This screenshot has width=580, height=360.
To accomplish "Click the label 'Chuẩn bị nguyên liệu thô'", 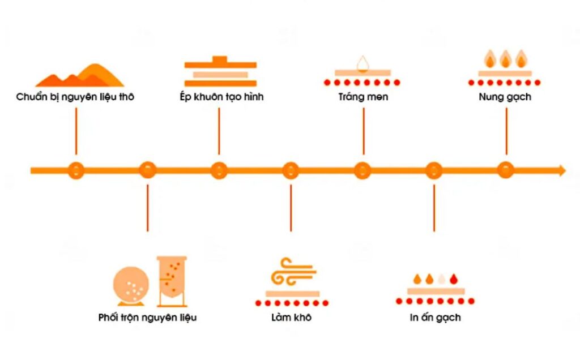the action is coord(75,97).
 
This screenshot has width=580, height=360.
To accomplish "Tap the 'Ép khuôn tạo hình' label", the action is coord(221,96).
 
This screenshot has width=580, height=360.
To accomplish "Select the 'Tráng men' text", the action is coord(363,97).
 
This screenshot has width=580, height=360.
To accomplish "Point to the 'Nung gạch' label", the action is coord(505,97).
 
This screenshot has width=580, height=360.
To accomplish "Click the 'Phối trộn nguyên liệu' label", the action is coord(147,318).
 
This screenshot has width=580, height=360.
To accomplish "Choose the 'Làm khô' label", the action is coord(292,318).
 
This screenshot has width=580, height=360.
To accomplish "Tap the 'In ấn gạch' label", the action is coord(436,318).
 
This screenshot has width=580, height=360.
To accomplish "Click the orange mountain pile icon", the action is coord(80,75).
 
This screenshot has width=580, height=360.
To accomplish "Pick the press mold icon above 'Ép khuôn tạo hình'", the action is coord(220,71).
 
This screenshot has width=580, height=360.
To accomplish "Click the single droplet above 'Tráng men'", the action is coord(363,64).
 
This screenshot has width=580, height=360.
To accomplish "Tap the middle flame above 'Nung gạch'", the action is coord(505,59).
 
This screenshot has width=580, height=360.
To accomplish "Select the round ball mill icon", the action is coord(131,286).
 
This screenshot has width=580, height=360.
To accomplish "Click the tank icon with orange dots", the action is coord(172,281).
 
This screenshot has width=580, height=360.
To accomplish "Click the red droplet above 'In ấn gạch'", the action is coord(454,279).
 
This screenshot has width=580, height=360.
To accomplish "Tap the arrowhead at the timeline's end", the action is coord(563,170).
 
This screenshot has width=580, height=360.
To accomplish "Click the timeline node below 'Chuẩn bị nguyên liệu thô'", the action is coord(76,170).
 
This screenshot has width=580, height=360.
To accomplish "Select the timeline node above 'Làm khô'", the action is coord(291,170).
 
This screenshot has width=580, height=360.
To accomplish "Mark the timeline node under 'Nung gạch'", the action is coord(505,170).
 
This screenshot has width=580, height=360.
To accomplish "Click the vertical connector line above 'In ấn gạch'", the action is coord(434,208).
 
